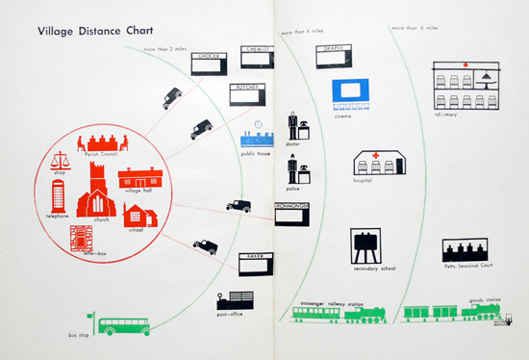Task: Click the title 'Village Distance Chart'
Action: click(x=86, y=31)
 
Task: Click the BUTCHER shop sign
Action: click(x=246, y=88)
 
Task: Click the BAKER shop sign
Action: click(x=257, y=257)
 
